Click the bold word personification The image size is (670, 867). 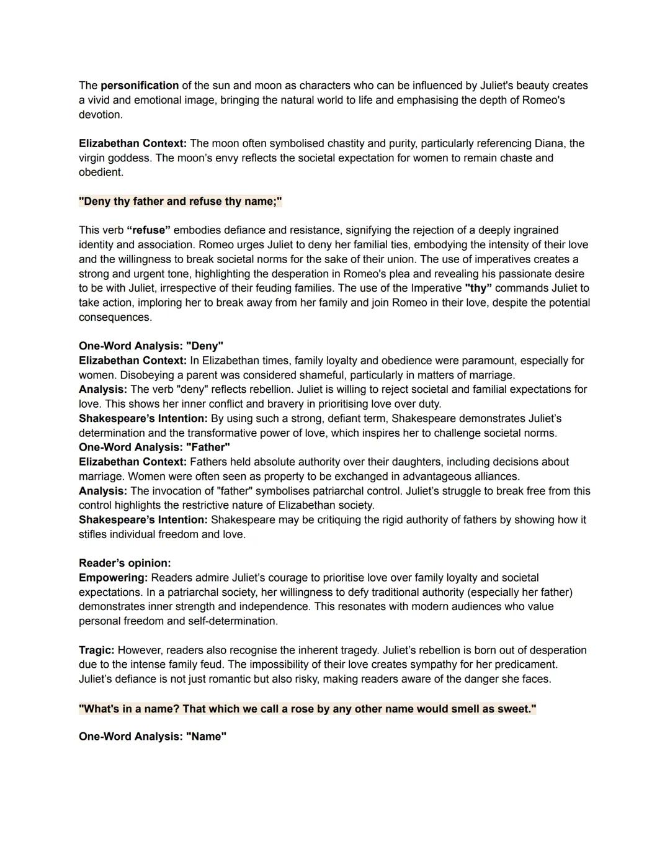[140, 86]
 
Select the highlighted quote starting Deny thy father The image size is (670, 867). [181, 201]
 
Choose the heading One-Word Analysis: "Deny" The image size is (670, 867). [151, 346]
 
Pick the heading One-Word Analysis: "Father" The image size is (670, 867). [154, 447]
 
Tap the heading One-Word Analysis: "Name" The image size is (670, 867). [153, 737]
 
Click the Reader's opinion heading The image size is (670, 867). [125, 563]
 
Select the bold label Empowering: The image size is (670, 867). [114, 578]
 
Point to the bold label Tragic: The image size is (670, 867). [97, 650]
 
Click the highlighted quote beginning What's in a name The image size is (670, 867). [308, 709]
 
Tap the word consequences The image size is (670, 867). [115, 317]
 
